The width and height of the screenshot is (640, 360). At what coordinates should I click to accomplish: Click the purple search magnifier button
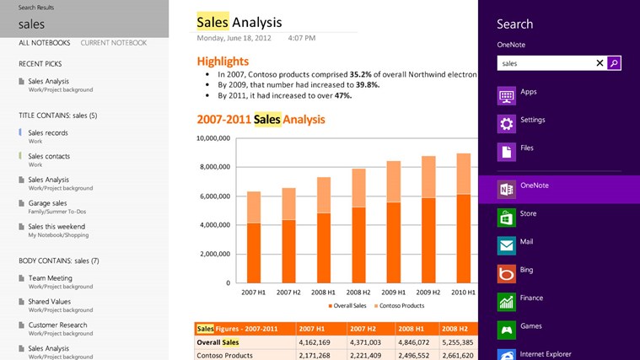coord(614,62)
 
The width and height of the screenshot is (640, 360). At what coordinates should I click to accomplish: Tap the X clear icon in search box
coord(600,62)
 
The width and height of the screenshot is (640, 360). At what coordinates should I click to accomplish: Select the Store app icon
coord(506,218)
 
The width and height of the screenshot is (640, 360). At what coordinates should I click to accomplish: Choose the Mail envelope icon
coord(506,245)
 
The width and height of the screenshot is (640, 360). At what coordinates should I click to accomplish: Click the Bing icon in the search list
coord(506,273)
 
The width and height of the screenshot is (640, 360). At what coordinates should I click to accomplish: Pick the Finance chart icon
coord(506,301)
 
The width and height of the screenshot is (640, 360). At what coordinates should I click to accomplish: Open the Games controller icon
coord(506,330)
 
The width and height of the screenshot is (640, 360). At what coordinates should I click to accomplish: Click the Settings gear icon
coord(506,124)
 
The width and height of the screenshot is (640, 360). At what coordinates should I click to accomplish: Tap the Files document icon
coord(506,152)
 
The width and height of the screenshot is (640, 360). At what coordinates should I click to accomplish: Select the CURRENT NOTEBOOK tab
coord(113,43)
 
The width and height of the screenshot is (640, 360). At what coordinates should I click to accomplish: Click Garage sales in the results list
coord(47,203)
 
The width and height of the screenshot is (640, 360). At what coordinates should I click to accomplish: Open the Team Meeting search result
coord(50,277)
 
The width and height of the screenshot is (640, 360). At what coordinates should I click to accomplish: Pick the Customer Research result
coord(57,325)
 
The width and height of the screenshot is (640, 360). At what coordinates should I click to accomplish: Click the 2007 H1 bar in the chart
coord(254,237)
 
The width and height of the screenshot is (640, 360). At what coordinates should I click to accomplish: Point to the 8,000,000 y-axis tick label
coord(214,167)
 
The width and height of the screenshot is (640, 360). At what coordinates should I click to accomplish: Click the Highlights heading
coord(223,61)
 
